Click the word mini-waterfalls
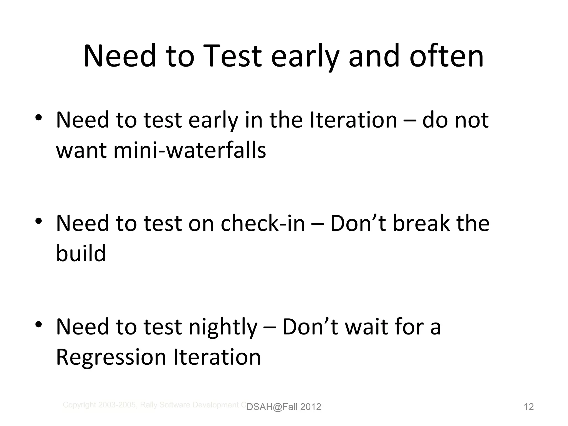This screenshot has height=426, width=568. pos(190,150)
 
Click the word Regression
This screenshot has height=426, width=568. pos(111,357)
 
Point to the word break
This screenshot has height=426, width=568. pos(422,223)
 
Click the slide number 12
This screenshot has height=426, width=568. pos(529,407)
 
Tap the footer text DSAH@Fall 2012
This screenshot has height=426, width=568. pos(284,407)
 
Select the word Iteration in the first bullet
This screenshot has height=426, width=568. pos(354,120)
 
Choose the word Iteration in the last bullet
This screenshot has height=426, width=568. pos(217,357)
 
